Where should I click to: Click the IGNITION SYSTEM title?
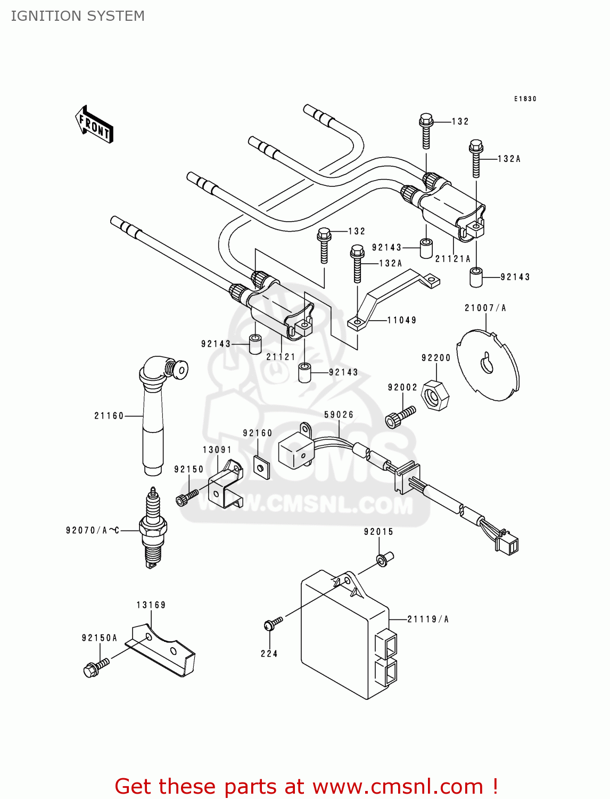coord(78,16)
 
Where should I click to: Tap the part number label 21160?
coord(109,416)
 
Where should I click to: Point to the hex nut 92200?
coord(435,396)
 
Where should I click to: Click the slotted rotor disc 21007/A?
coord(488,365)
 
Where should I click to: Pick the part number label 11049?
coord(402,320)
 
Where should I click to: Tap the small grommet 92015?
coord(383,559)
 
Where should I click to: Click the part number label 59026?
coord(339,414)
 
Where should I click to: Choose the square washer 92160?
coord(261,468)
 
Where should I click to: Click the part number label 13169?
coord(151,605)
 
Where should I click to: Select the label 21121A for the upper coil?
coord(453,259)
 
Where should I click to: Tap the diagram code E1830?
coord(525,99)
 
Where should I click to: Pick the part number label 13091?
coord(217,450)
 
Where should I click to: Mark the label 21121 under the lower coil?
coord(281,357)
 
